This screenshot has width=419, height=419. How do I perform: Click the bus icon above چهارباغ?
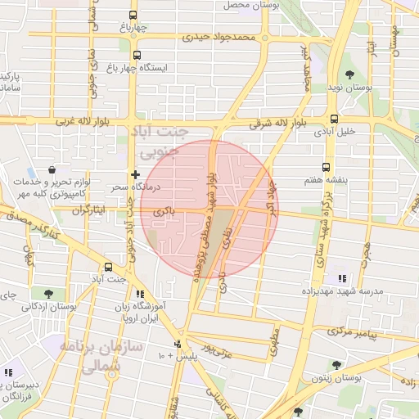134,15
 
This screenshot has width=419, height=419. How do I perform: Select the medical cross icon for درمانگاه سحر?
135,174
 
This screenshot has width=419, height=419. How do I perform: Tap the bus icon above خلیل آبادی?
335,118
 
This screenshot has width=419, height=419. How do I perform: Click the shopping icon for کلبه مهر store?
52,169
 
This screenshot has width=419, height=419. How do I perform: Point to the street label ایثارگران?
90,210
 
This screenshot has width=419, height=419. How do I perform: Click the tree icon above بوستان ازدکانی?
51,293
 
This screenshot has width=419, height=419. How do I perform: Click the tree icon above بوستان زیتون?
335,365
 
